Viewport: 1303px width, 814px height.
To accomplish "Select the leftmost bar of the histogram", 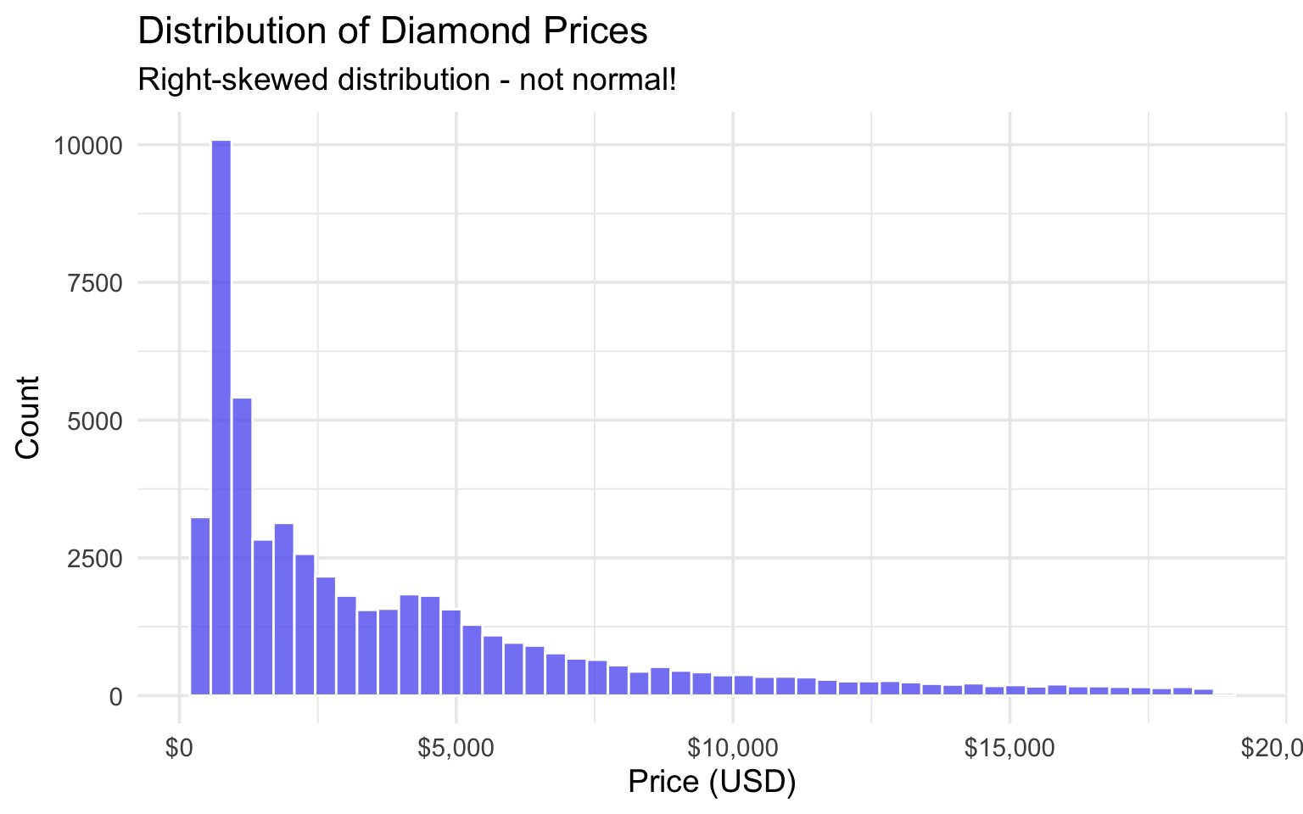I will pyautogui.click(x=200, y=606).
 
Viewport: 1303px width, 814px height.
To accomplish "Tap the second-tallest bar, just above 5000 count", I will pyautogui.click(x=242, y=546).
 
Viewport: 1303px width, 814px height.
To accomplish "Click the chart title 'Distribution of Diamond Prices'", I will pyautogui.click(x=392, y=31).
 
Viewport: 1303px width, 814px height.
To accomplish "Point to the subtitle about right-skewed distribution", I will pyautogui.click(x=406, y=81).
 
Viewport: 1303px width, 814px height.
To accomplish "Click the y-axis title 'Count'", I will pyautogui.click(x=28, y=417).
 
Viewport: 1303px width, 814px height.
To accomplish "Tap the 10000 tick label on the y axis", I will pyautogui.click(x=88, y=146).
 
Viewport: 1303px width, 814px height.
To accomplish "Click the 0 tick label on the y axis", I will pyautogui.click(x=115, y=697).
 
